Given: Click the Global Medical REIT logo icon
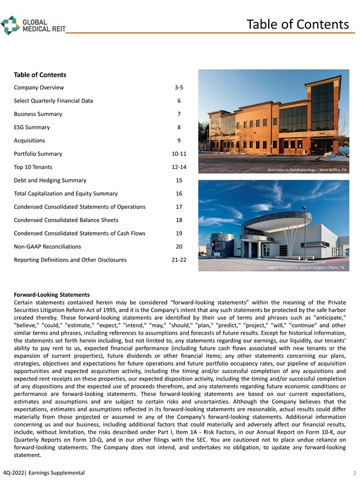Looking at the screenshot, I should tap(10, 25).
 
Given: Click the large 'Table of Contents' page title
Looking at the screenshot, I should tap(297, 24).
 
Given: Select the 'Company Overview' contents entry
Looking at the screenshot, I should tap(39, 88).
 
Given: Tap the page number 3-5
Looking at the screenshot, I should tap(179, 88).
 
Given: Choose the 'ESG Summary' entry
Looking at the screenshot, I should tap(32, 127).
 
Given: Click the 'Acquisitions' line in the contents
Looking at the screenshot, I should tap(29, 141).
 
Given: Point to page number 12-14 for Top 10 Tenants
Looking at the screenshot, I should tap(179, 167).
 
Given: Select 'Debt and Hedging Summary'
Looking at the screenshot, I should tap(50, 180).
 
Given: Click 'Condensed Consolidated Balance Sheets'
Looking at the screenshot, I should tap(66, 220).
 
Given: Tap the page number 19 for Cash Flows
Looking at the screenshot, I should tap(179, 233).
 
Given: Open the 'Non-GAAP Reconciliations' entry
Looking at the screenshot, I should tap(47, 247).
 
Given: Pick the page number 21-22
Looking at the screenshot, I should tap(179, 260).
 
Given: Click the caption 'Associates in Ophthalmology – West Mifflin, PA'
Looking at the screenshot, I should tap(306, 169).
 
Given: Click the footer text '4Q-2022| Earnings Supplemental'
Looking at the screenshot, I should tap(44, 472).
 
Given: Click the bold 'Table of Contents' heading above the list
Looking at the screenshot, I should tap(39, 75).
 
